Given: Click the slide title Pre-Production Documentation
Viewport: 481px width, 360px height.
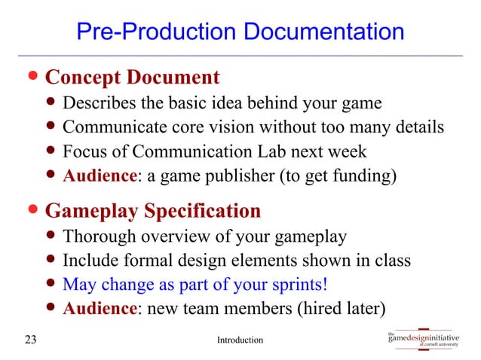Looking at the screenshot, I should (240, 33).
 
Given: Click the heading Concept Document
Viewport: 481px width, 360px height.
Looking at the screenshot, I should (133, 78).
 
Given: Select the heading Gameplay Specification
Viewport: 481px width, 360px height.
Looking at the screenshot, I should (153, 210).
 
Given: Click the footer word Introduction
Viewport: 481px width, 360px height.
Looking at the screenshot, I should (240, 340).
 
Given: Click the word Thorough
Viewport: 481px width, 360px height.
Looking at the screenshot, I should (95, 237).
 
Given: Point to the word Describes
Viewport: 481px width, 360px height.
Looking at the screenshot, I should (95, 103).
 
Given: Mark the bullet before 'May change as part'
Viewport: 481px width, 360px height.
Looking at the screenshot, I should (51, 286).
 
